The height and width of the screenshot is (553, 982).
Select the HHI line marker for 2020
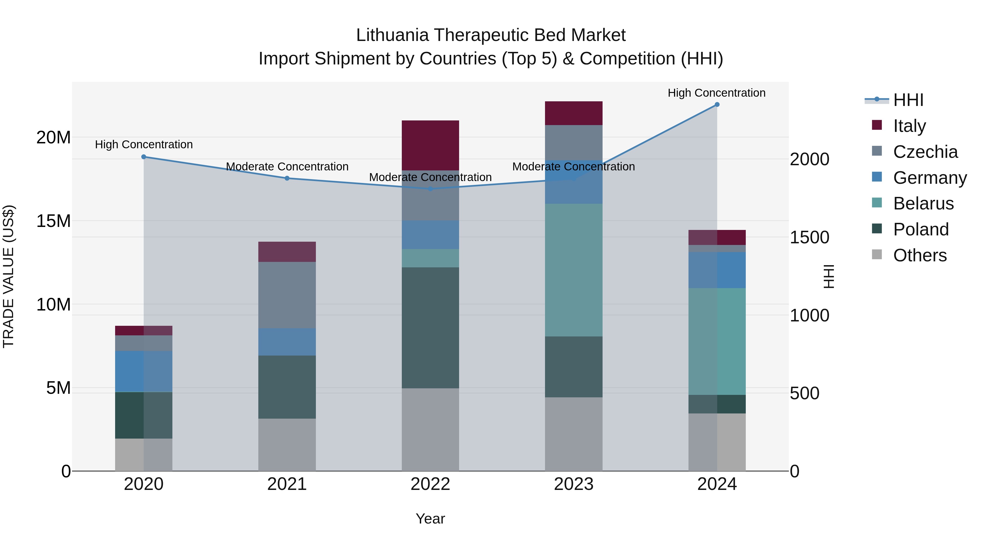[x=144, y=157]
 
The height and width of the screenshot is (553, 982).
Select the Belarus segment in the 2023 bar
[x=573, y=270]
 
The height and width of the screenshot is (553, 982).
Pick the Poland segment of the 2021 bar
[x=287, y=387]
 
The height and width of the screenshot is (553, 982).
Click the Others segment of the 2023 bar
[x=573, y=434]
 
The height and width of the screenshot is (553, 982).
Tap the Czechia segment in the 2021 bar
[x=287, y=295]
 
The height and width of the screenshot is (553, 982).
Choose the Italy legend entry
[x=909, y=126]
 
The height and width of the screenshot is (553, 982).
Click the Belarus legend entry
[x=923, y=203]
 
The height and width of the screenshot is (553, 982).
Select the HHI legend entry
[x=908, y=100]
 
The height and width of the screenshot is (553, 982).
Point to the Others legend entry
[x=920, y=255]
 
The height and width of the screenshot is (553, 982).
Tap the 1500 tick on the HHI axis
[x=809, y=237]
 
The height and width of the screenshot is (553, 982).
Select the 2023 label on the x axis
[x=573, y=484]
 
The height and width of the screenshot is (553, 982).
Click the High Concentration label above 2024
[x=716, y=93]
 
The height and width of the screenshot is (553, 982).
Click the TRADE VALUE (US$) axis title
[x=8, y=276]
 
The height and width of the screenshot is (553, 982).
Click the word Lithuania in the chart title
[x=392, y=35]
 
